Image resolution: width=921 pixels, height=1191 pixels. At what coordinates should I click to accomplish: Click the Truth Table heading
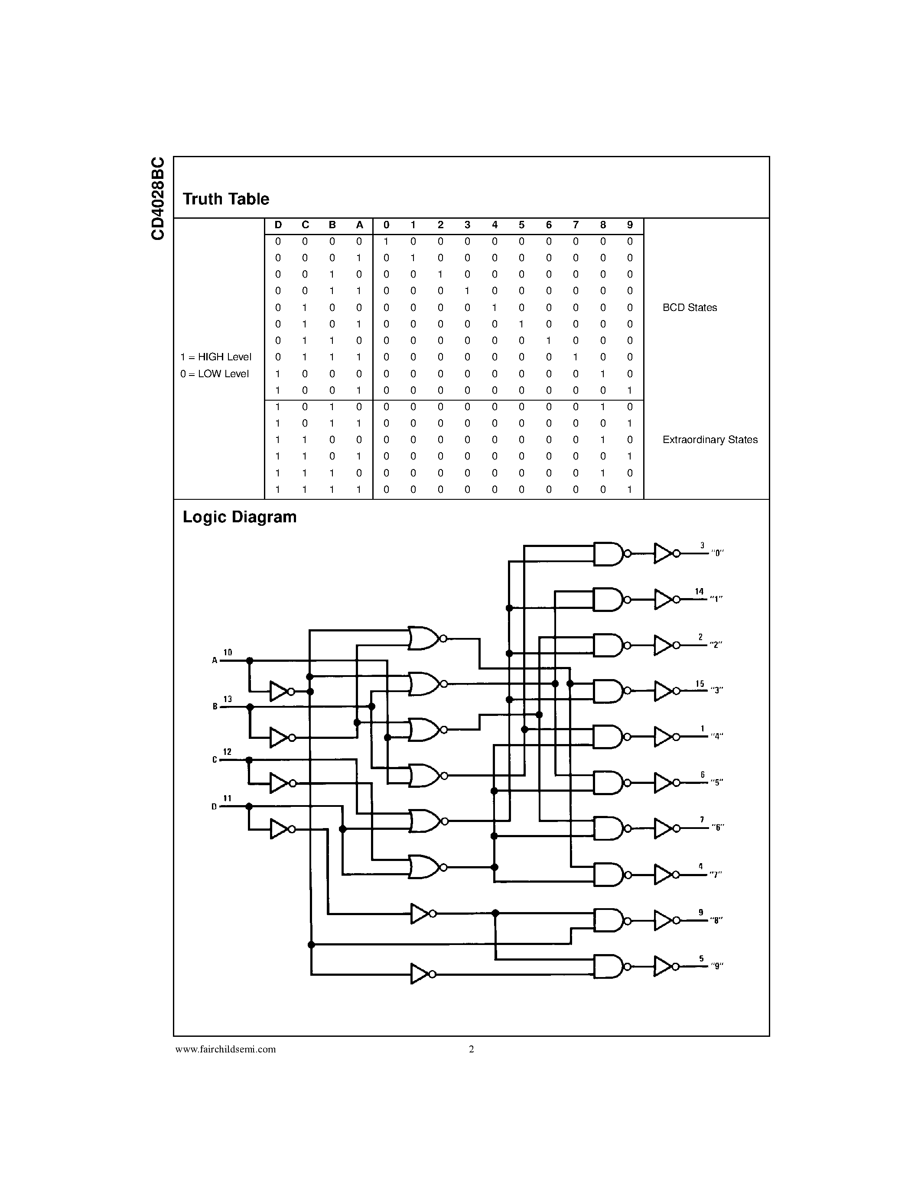(225, 199)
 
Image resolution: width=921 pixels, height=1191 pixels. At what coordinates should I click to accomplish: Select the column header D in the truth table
(278, 225)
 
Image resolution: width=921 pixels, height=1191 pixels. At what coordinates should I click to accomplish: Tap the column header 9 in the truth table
(630, 225)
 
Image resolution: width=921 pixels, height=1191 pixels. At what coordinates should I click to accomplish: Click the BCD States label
(689, 307)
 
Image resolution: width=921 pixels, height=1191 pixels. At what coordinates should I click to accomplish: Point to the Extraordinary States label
(709, 440)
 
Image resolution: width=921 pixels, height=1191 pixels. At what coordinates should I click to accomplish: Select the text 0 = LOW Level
(215, 374)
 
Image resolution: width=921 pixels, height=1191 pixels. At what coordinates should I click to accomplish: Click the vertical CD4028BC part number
(158, 198)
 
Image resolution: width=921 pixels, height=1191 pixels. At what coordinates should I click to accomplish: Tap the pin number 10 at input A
(228, 652)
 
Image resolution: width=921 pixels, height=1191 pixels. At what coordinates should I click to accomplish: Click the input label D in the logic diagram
(215, 806)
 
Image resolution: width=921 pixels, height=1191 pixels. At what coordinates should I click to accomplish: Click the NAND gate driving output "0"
(607, 553)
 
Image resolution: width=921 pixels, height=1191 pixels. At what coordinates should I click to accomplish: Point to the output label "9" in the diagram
(717, 966)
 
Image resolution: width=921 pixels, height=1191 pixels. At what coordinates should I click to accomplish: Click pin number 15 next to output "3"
(700, 684)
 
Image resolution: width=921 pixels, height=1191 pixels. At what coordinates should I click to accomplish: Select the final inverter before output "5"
(664, 783)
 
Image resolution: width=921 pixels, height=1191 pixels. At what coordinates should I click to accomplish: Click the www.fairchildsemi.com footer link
(225, 1049)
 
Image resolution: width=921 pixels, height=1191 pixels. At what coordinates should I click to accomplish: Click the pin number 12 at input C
(228, 752)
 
